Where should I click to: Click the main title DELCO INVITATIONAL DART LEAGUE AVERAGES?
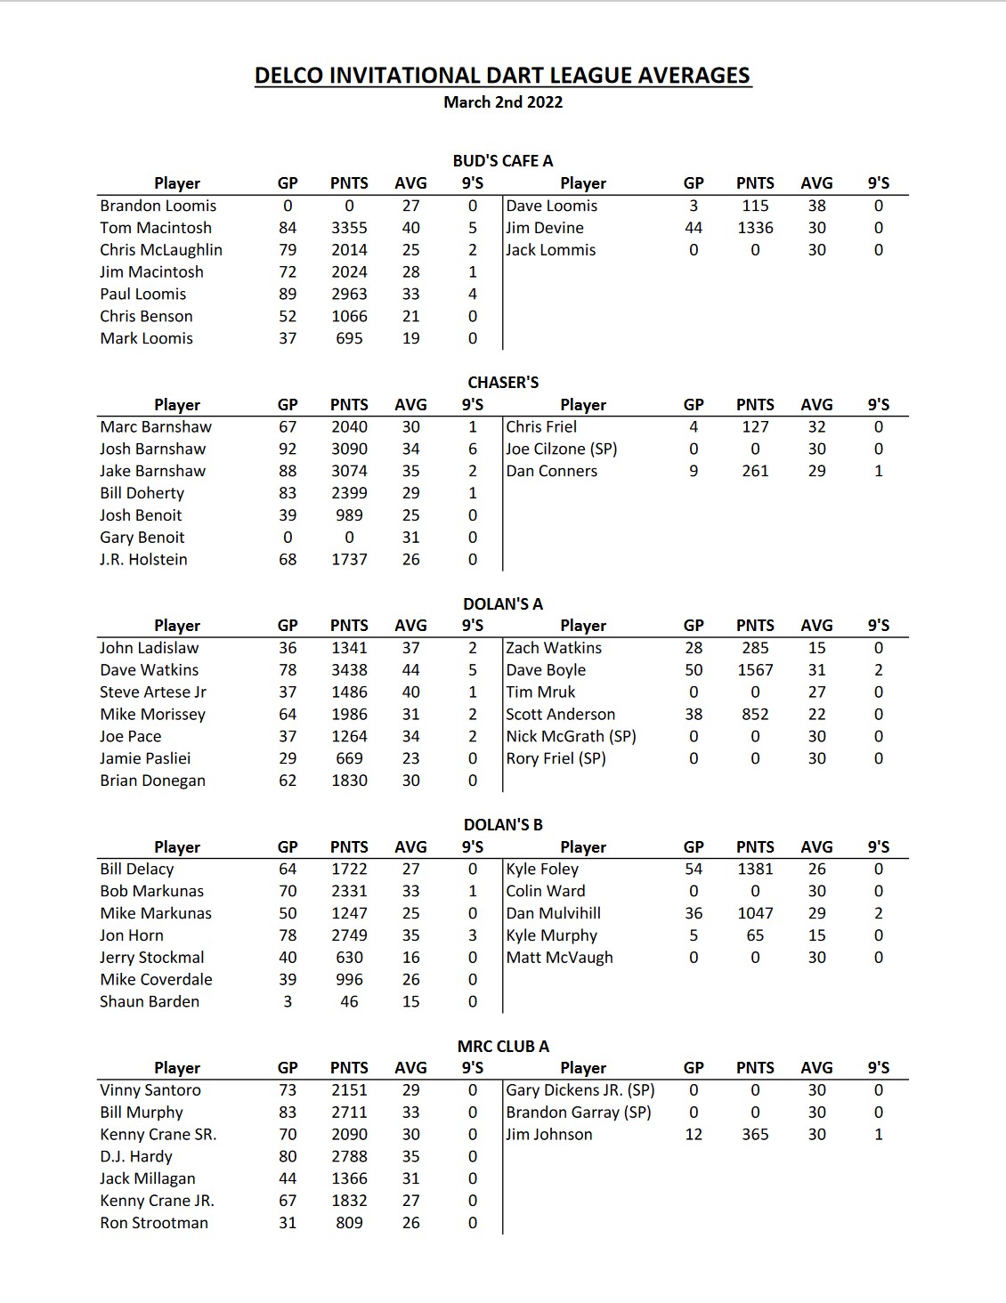[x=503, y=76]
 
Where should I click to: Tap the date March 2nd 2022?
[x=503, y=102]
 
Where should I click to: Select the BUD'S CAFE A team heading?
[x=503, y=161]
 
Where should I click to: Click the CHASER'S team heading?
[x=503, y=383]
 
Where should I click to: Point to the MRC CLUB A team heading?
[x=503, y=1047]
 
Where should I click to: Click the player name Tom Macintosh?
[x=156, y=228]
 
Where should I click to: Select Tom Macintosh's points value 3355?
[x=349, y=228]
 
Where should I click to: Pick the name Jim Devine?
[x=545, y=228]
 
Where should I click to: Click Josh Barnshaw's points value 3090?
[x=349, y=449]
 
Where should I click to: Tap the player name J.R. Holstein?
[x=144, y=560]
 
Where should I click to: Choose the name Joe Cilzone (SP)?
[x=562, y=449]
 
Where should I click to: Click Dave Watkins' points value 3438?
[x=349, y=670]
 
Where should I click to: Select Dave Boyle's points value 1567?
[x=755, y=670]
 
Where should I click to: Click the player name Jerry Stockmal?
[x=152, y=958]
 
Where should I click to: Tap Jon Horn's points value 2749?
[x=349, y=935]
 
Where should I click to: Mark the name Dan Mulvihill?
[x=554, y=913]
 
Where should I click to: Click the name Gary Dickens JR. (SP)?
[x=580, y=1090]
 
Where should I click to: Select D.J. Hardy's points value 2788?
[x=349, y=1157]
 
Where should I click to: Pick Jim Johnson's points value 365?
[x=755, y=1135]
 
